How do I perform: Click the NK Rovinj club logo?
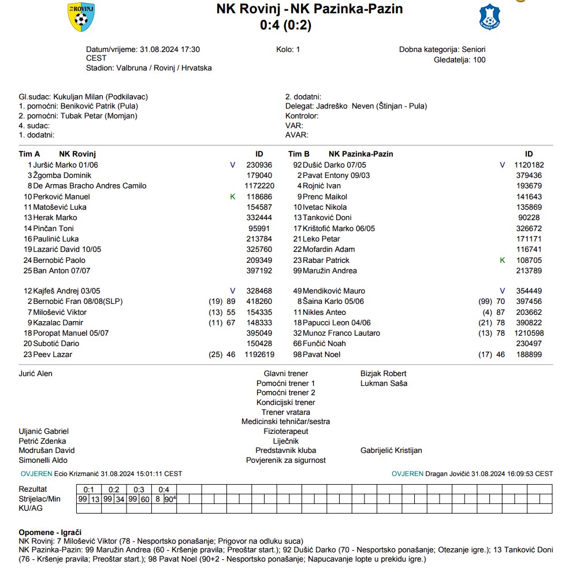click(81, 17)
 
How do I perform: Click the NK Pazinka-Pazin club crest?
click(489, 17)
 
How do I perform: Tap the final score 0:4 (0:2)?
click(285, 24)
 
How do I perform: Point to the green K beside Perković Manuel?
click(233, 196)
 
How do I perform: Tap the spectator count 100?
click(479, 60)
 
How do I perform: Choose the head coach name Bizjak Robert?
click(383, 374)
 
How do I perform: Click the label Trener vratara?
click(285, 412)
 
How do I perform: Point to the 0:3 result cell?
click(139, 489)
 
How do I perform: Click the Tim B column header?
click(299, 154)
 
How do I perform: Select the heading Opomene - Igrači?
click(50, 532)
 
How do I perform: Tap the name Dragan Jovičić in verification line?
click(447, 474)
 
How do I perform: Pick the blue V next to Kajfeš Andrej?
click(233, 291)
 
